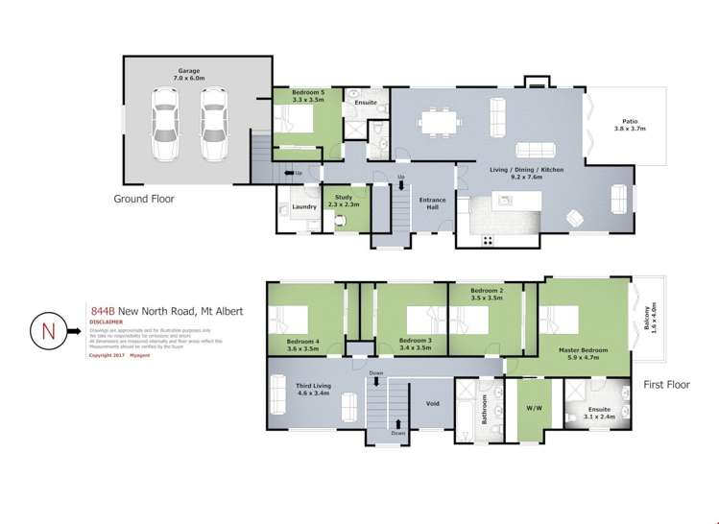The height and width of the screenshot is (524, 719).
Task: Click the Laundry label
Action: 305,206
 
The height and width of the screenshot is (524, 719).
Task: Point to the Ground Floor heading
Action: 144,200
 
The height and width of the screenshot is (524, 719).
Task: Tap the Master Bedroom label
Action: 583,352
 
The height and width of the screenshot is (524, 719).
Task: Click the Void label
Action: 432,404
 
